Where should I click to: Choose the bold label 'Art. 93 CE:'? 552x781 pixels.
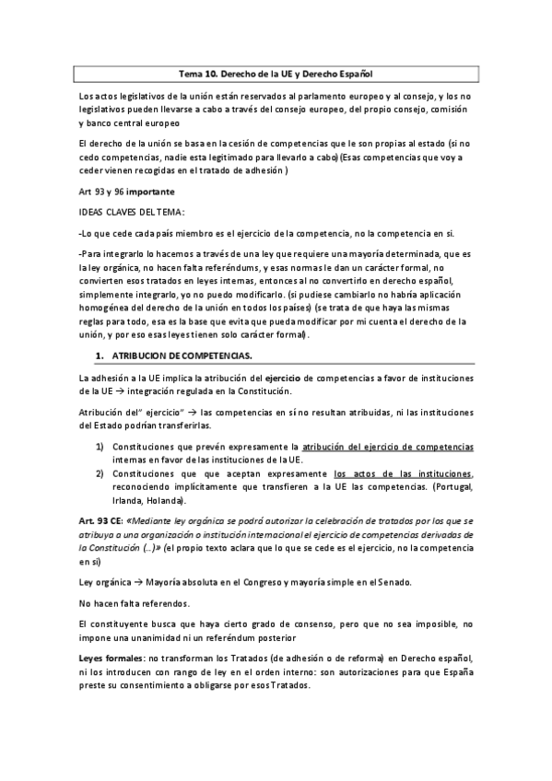[102, 521]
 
